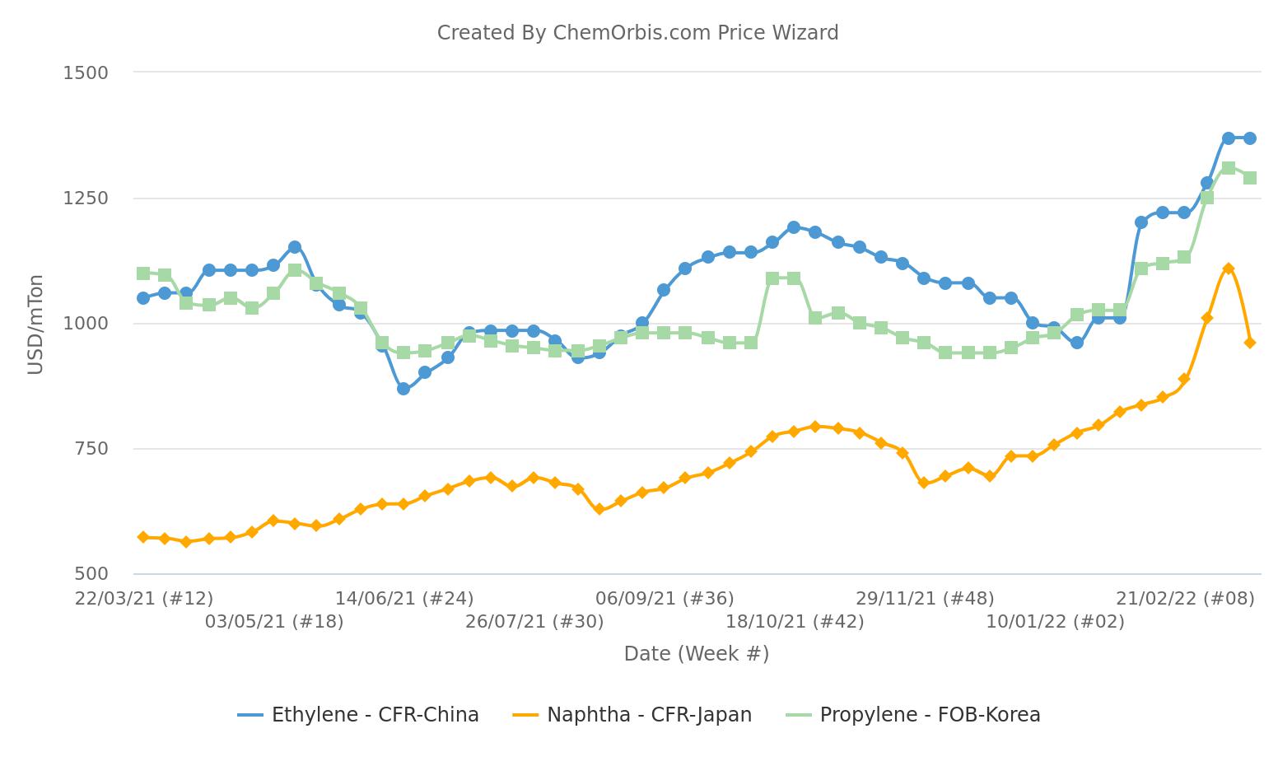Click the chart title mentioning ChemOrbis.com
pyautogui.click(x=637, y=33)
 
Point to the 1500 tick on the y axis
pyautogui.click(x=86, y=72)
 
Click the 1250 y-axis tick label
pyautogui.click(x=86, y=199)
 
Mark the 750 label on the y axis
pyautogui.click(x=91, y=449)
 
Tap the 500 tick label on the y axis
pyautogui.click(x=91, y=574)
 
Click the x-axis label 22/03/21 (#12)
pyautogui.click(x=144, y=598)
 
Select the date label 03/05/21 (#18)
pyautogui.click(x=274, y=621)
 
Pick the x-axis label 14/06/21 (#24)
pyautogui.click(x=404, y=598)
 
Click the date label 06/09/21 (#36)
pyautogui.click(x=665, y=598)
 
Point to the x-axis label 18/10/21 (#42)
pyautogui.click(x=795, y=621)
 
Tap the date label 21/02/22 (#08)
pyautogui.click(x=1186, y=598)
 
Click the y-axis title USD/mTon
pyautogui.click(x=35, y=324)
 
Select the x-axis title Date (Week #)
pyautogui.click(x=697, y=654)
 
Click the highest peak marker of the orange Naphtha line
pyautogui.click(x=1229, y=269)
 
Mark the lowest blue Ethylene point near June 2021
pyautogui.click(x=403, y=389)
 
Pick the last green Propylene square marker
pyautogui.click(x=1250, y=178)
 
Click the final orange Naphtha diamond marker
pyautogui.click(x=1250, y=343)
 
